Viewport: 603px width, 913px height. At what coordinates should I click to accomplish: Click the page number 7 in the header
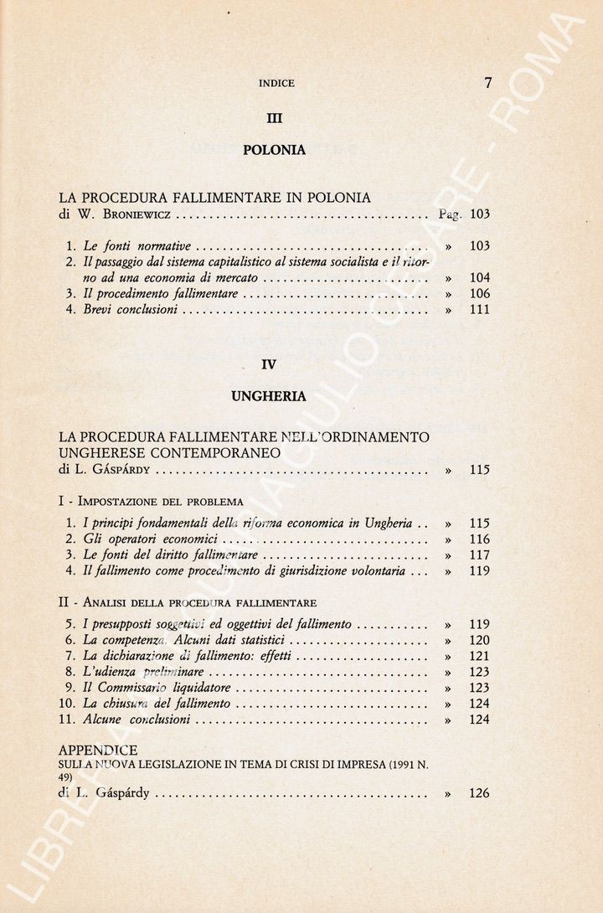click(487, 82)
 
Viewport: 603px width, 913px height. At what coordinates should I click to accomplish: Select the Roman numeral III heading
click(274, 118)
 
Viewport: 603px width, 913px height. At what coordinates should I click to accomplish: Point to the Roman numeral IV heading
click(268, 364)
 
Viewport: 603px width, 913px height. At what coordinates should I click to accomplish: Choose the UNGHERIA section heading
click(269, 397)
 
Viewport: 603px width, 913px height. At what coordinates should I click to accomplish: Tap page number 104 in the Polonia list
click(480, 278)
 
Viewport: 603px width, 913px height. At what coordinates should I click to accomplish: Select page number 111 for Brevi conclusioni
click(480, 310)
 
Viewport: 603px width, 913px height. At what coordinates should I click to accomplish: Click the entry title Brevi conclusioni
click(130, 310)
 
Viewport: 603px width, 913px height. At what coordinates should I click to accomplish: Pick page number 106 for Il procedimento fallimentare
click(480, 294)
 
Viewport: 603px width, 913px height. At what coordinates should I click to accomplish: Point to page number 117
click(480, 555)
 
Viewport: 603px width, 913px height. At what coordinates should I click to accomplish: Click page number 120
click(480, 641)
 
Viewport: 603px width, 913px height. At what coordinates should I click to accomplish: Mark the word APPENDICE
click(98, 750)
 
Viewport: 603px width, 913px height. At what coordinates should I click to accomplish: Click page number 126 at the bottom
click(480, 793)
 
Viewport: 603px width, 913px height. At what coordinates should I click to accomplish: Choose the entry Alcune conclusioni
click(137, 720)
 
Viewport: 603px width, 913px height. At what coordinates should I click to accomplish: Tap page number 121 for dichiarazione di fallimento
click(480, 657)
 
